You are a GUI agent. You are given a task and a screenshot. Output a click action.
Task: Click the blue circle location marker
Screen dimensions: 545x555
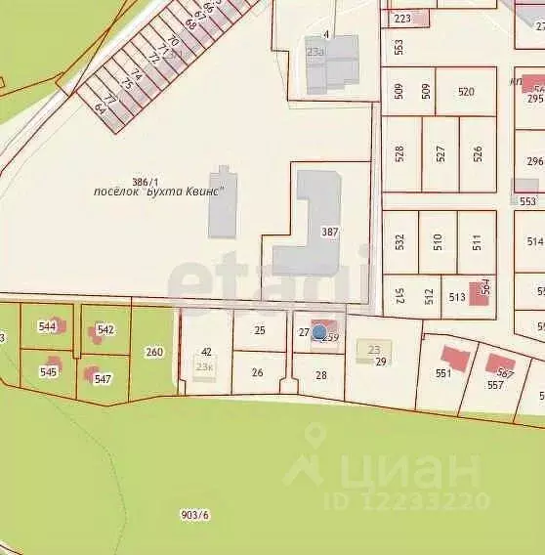pos(318,333)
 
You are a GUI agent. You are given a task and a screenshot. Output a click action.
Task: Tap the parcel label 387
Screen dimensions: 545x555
pos(329,232)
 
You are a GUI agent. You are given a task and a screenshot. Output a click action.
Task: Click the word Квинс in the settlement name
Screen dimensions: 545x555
pos(203,192)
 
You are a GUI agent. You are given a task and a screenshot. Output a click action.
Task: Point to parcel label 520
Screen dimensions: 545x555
pos(466,91)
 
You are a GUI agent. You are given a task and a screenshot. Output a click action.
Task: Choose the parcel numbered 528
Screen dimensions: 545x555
pos(398,153)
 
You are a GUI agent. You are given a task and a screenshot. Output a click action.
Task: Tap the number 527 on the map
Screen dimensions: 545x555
pos(440,153)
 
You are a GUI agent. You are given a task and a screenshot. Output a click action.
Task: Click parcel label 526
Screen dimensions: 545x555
pos(477,153)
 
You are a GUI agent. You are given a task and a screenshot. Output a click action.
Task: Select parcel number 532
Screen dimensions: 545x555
pos(398,240)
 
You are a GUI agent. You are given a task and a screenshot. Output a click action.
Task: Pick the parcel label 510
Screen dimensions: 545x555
pos(438,240)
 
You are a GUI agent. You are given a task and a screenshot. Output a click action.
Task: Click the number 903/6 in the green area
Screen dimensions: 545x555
pos(195,515)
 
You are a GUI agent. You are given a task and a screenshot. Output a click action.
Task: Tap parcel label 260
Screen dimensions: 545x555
pos(154,352)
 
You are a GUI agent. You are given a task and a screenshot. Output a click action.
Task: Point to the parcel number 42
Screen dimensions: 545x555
pos(206,352)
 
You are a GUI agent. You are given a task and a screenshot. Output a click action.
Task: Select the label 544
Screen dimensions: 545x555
pos(47,326)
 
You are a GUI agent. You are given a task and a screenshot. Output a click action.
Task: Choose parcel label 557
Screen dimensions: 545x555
pos(495,385)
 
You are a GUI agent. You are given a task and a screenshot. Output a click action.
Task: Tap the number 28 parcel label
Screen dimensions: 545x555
pos(321,374)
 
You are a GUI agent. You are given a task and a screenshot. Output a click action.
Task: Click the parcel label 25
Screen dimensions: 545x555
pos(259,330)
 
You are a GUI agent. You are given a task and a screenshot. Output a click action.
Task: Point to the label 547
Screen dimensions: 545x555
pos(103,378)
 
